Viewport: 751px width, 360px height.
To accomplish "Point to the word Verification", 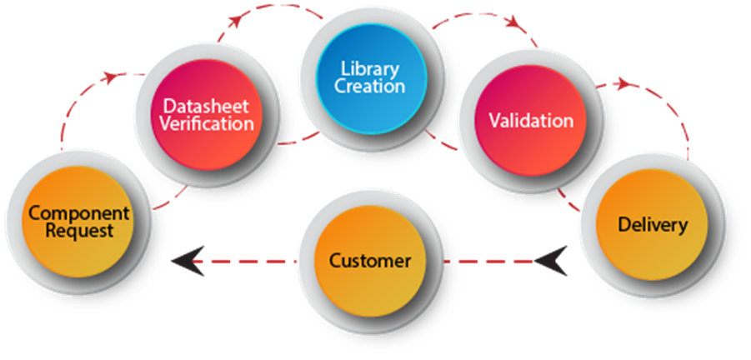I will click(x=206, y=125).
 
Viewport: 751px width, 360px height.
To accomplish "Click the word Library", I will click(x=369, y=68).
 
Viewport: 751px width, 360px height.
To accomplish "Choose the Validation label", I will click(x=531, y=120).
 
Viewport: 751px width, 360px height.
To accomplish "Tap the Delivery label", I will click(x=653, y=224).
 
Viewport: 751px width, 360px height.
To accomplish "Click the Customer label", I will click(x=370, y=260).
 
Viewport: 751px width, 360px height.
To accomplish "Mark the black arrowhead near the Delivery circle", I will click(x=550, y=262).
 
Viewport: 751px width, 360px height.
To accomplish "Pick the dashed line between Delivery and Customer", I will click(x=488, y=262).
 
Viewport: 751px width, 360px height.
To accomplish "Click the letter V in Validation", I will click(x=494, y=120).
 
